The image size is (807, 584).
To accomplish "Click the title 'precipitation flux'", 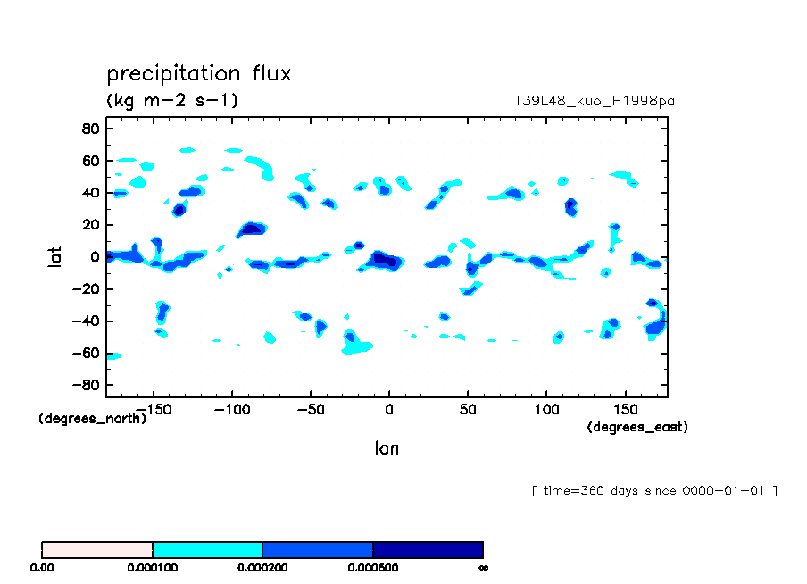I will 199,73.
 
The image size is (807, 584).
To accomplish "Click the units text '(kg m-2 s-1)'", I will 172,100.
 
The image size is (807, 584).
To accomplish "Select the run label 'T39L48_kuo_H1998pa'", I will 594,101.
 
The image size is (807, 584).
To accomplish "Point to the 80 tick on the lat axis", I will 89,129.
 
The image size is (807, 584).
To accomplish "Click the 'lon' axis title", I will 387,448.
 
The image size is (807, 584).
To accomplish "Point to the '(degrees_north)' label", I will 93,418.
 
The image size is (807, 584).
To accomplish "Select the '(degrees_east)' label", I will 637,428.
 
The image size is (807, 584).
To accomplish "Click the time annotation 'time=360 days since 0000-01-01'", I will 654,490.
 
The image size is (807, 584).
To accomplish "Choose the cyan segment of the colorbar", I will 207,549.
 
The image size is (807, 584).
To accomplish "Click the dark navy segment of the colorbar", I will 428,549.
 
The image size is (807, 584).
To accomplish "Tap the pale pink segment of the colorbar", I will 97,549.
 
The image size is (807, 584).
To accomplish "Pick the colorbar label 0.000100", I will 153,567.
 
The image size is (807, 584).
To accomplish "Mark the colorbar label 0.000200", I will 262,567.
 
